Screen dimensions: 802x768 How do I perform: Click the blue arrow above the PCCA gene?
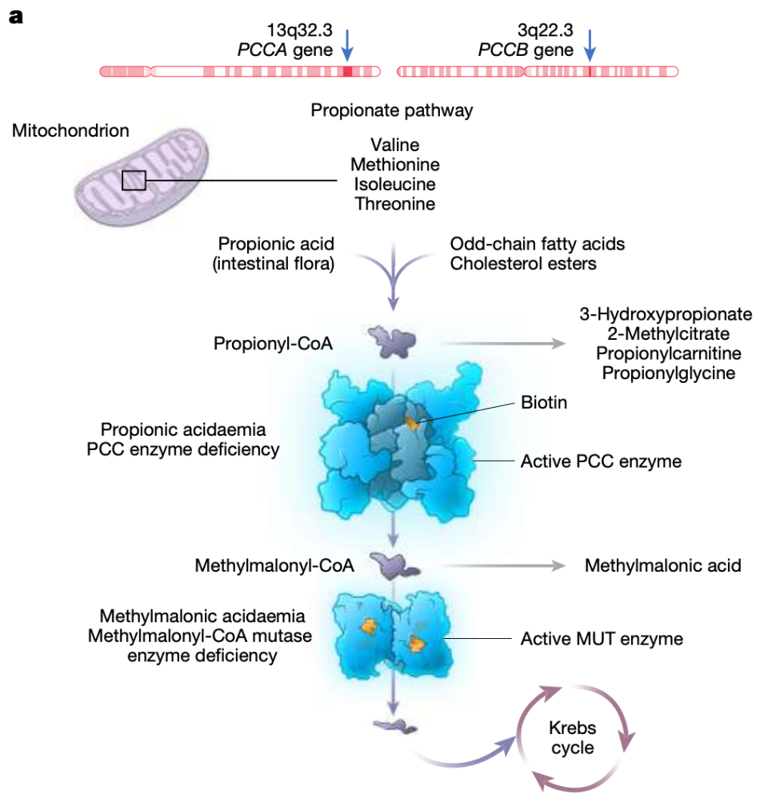(x=346, y=45)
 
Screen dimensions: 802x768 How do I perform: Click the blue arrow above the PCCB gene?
(x=590, y=45)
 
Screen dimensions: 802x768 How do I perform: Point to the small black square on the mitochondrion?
(x=134, y=181)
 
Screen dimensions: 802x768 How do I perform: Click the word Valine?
(x=395, y=146)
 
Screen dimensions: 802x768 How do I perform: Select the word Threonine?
(x=395, y=204)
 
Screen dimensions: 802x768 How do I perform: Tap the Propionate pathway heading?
(x=392, y=110)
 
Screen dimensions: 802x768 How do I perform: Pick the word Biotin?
(x=544, y=402)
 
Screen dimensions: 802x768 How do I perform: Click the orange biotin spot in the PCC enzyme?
(x=411, y=422)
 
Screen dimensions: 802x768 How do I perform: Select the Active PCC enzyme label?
(x=601, y=461)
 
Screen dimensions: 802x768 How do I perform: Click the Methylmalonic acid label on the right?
(x=663, y=565)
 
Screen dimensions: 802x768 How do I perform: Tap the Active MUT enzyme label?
(x=602, y=639)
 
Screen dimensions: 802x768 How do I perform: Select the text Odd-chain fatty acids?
(x=538, y=243)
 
